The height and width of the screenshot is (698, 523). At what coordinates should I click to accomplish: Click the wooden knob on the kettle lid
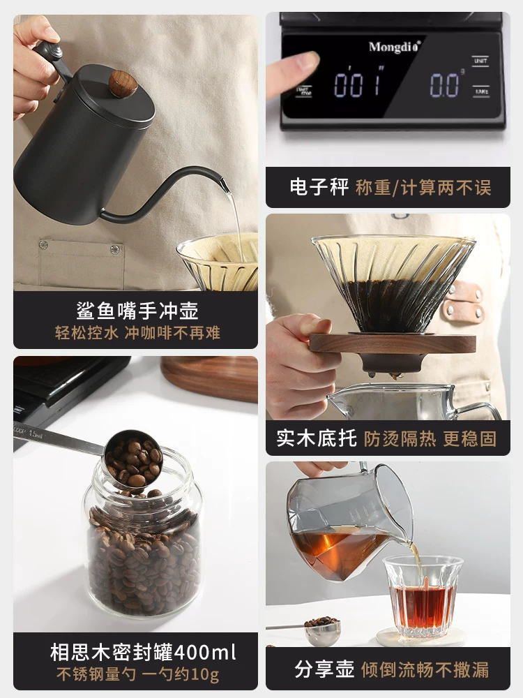pos(123,84)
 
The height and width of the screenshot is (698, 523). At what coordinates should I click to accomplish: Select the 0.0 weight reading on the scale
pos(444,85)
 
